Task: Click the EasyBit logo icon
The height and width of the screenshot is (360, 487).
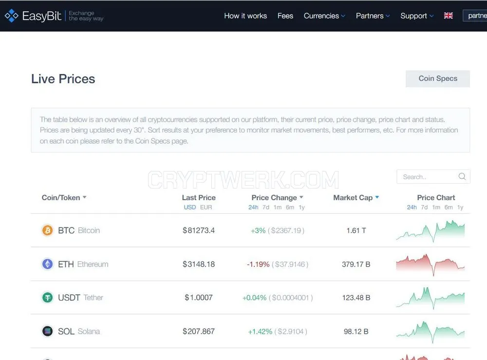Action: (x=12, y=16)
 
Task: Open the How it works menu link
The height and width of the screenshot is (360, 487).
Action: (x=245, y=16)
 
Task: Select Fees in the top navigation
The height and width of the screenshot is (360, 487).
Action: (x=285, y=16)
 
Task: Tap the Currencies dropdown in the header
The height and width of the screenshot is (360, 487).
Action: (x=324, y=16)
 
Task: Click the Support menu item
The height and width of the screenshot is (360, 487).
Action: (x=417, y=16)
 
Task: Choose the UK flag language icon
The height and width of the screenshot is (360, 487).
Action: (x=448, y=16)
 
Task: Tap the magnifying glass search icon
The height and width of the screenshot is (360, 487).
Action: (x=462, y=176)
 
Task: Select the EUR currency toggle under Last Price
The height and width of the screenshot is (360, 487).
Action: (x=206, y=207)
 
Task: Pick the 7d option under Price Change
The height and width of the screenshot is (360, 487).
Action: (x=266, y=207)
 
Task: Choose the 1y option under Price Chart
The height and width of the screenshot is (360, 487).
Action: (x=460, y=207)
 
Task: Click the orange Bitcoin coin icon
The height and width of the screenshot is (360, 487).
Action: (x=48, y=230)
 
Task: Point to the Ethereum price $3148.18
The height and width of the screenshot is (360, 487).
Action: (x=199, y=265)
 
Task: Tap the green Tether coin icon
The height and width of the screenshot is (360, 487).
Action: (x=48, y=298)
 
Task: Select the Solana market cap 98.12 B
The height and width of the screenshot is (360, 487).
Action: (x=356, y=331)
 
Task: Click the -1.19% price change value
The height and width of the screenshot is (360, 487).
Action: (x=258, y=265)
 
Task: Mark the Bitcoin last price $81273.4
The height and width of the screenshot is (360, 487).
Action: (x=199, y=230)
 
